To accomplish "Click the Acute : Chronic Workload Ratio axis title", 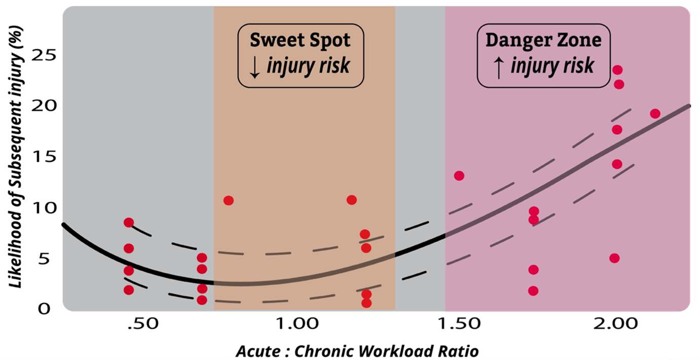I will point(357,350).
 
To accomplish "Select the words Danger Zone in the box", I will point(543,40).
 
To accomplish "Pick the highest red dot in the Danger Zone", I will point(617,70).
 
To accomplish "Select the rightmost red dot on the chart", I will point(655,114).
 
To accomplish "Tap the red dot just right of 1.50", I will point(459,176).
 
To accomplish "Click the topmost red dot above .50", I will point(129,223).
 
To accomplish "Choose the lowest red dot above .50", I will point(129,290).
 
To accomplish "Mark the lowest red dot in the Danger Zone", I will point(533,291).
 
